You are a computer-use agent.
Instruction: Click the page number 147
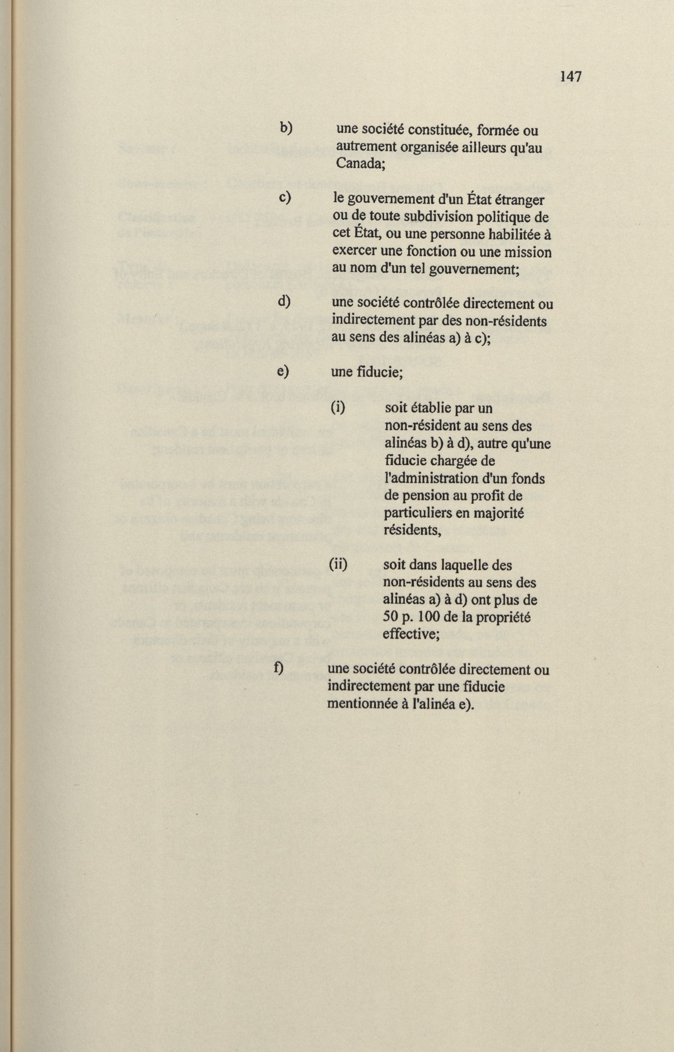pyautogui.click(x=571, y=77)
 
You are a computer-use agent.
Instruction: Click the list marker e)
pyautogui.click(x=283, y=371)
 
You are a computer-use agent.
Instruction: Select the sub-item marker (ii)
pyautogui.click(x=337, y=565)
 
